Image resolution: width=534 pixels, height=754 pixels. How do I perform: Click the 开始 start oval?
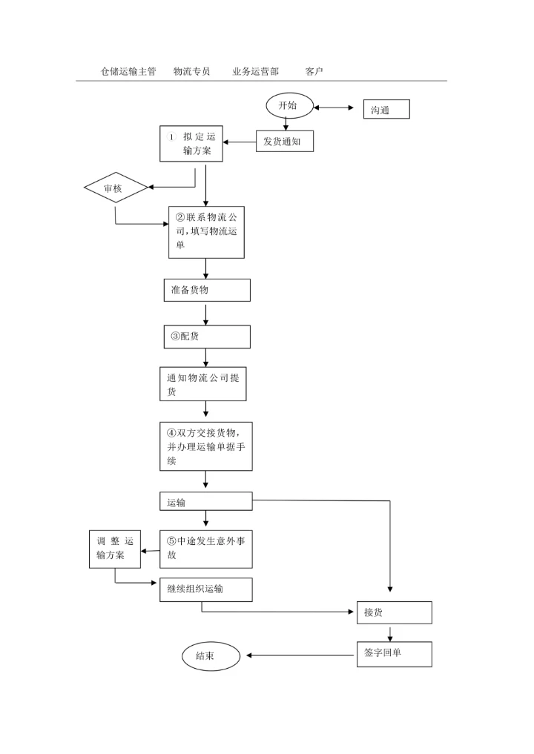click(x=289, y=106)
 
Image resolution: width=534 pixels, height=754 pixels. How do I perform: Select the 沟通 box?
click(x=386, y=110)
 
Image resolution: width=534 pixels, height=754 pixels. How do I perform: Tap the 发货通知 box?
click(x=285, y=141)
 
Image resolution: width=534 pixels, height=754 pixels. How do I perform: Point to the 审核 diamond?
click(x=116, y=189)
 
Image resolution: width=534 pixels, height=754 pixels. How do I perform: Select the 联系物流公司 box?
click(x=206, y=232)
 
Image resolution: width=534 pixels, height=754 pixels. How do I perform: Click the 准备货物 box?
click(x=206, y=290)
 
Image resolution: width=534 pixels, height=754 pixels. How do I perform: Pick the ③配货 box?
click(x=206, y=337)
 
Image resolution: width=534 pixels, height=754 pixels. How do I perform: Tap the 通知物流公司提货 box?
click(x=202, y=384)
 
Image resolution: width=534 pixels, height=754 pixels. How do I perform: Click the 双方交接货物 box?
click(x=206, y=446)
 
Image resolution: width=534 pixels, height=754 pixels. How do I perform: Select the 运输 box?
click(x=206, y=502)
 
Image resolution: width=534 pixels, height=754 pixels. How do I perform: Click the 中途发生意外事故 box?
click(x=206, y=548)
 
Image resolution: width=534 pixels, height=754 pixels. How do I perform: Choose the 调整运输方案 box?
click(x=114, y=549)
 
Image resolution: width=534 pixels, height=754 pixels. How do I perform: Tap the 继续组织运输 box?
click(x=206, y=589)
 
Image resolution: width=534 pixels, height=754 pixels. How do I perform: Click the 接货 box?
click(x=394, y=613)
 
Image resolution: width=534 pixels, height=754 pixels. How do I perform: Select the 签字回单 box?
click(x=394, y=654)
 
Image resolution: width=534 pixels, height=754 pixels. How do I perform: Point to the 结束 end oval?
click(x=211, y=656)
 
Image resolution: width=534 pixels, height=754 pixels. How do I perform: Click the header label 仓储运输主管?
click(x=128, y=72)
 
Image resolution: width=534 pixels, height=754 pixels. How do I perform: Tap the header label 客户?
click(x=314, y=72)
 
